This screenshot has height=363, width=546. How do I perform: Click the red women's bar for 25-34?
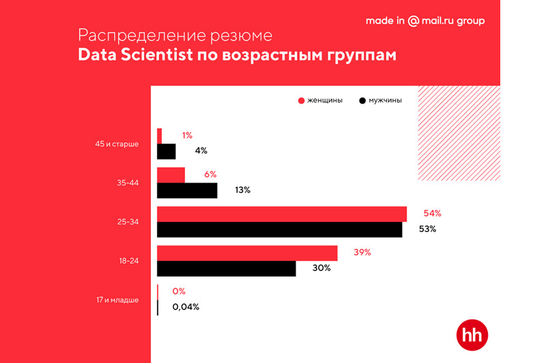click(x=282, y=214)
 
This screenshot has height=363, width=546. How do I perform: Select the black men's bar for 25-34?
click(x=279, y=230)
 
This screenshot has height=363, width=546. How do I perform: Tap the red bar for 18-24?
click(x=247, y=253)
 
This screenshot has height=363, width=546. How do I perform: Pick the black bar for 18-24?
click(x=227, y=268)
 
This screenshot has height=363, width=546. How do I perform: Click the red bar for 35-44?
click(x=171, y=175)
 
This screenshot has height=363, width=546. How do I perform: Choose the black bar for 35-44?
click(x=187, y=191)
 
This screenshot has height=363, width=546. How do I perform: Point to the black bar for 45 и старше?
click(x=167, y=151)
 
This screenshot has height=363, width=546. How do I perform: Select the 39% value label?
click(x=361, y=252)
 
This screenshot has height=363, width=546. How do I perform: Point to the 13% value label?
click(x=242, y=190)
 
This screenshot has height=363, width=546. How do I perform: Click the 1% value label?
click(x=187, y=136)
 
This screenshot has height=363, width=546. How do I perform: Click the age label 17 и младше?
click(x=117, y=300)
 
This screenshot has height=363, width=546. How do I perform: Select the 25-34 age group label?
click(x=128, y=222)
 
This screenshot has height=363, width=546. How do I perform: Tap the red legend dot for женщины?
click(x=301, y=101)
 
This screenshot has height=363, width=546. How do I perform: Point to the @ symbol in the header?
click(x=413, y=21)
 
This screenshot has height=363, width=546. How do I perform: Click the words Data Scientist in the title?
click(x=134, y=55)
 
